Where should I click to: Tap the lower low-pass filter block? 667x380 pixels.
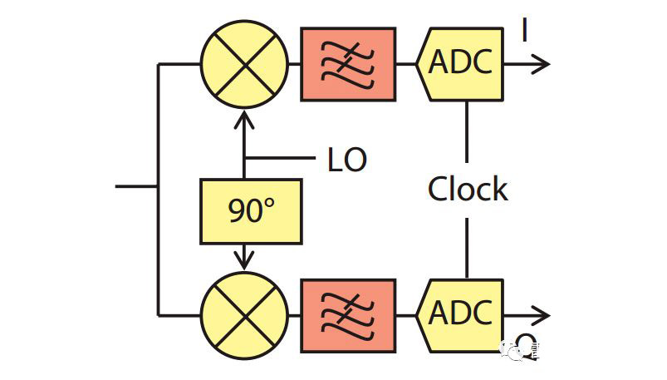[x=347, y=315]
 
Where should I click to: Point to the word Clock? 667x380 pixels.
[x=467, y=190]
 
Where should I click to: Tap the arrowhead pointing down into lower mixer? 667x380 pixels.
[x=244, y=259]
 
